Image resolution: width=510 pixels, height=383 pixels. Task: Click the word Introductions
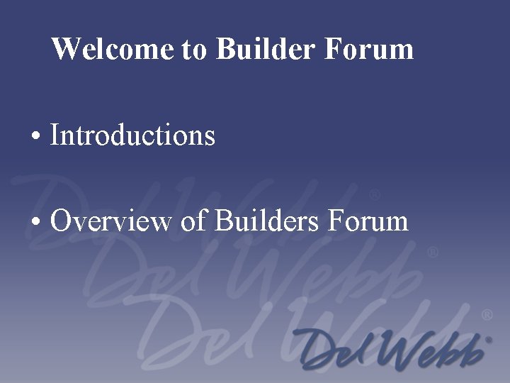[132, 134]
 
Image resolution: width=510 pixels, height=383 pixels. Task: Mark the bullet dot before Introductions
[35, 136]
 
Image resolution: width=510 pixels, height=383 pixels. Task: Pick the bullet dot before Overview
[35, 222]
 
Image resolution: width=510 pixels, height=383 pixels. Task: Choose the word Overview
[110, 221]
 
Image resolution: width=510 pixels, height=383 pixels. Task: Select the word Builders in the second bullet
[266, 221]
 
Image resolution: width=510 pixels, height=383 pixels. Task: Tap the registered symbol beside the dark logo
[487, 340]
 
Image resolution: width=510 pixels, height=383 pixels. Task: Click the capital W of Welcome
[64, 49]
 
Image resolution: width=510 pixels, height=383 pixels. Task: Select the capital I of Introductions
[55, 134]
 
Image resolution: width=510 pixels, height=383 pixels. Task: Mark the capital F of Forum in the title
[334, 49]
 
